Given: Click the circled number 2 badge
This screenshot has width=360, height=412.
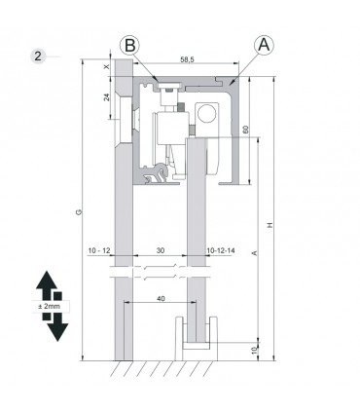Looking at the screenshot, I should (38, 55).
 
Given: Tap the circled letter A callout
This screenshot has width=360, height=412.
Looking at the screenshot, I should (264, 44).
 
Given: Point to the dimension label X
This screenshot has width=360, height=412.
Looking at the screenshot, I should (107, 66).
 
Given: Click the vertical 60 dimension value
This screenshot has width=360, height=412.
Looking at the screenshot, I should (246, 129).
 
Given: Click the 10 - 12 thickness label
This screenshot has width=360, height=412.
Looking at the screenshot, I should (98, 251).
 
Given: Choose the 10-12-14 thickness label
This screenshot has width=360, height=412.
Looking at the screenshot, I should (222, 251).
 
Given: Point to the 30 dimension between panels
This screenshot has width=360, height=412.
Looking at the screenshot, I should (160, 251).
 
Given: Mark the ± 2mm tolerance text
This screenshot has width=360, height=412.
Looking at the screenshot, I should (49, 307).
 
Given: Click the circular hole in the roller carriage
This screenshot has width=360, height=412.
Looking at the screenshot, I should (206, 113).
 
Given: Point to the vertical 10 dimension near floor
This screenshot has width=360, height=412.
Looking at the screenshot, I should (255, 351).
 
